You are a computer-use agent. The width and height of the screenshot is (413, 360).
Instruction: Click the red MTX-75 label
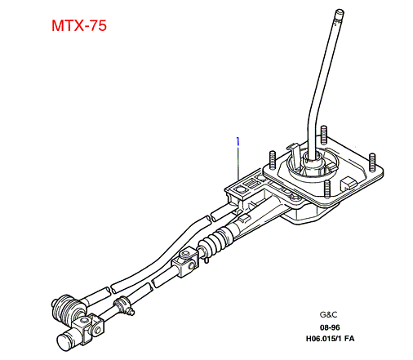pyautogui.click(x=79, y=25)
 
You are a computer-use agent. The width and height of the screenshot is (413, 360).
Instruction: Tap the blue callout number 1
pyautogui.click(x=238, y=141)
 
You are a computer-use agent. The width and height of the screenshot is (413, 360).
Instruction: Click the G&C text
pyautogui.click(x=328, y=314)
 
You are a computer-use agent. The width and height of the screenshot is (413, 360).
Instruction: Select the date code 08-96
pyautogui.click(x=330, y=327)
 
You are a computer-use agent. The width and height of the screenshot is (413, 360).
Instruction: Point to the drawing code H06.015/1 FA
pyautogui.click(x=330, y=339)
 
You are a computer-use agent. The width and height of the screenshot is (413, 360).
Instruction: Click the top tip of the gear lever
pyautogui.click(x=340, y=11)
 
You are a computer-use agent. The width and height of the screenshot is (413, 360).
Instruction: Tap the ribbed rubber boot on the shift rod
pyautogui.click(x=215, y=241)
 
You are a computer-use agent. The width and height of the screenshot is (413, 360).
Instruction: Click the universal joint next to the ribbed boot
pyautogui.click(x=185, y=262)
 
